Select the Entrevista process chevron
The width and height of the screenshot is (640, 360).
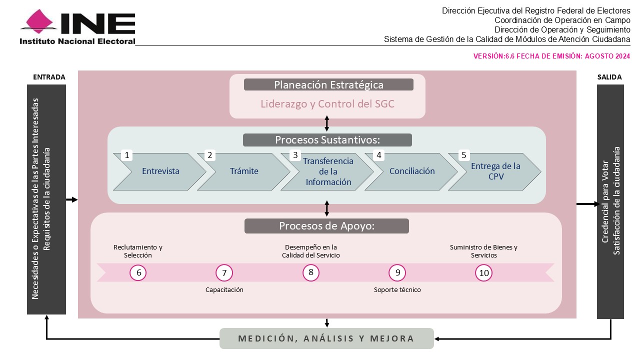coord(160,171)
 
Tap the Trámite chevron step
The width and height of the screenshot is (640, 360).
coord(244,171)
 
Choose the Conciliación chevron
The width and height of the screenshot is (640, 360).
coord(411,171)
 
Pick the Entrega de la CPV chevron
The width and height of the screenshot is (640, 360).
coord(495,171)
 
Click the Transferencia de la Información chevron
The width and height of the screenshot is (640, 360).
coord(327,171)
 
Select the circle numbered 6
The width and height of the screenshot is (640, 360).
coord(138,272)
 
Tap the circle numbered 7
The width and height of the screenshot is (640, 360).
coord(224,272)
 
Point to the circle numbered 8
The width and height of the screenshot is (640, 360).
coord(311,272)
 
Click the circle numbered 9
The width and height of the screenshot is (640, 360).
coord(397,272)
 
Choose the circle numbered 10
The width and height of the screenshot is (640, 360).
coord(483,272)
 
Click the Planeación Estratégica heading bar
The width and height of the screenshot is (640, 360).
coord(328,84)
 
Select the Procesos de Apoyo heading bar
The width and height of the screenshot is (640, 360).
coord(326,226)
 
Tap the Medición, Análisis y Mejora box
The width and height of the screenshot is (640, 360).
coord(326,338)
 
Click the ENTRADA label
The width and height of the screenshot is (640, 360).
coord(49,77)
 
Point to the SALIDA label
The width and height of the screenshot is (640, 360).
coord(609,77)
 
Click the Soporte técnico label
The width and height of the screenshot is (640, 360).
coord(397,289)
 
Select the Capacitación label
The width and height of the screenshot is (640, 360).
coord(224,289)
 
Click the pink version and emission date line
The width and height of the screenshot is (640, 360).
coord(551,56)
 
